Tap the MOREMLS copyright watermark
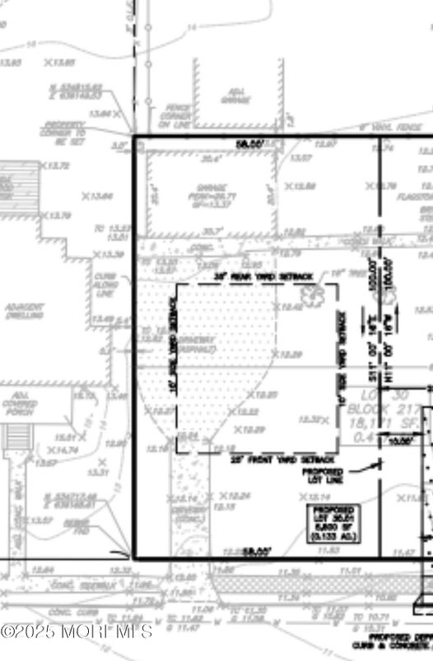point(77,631)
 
